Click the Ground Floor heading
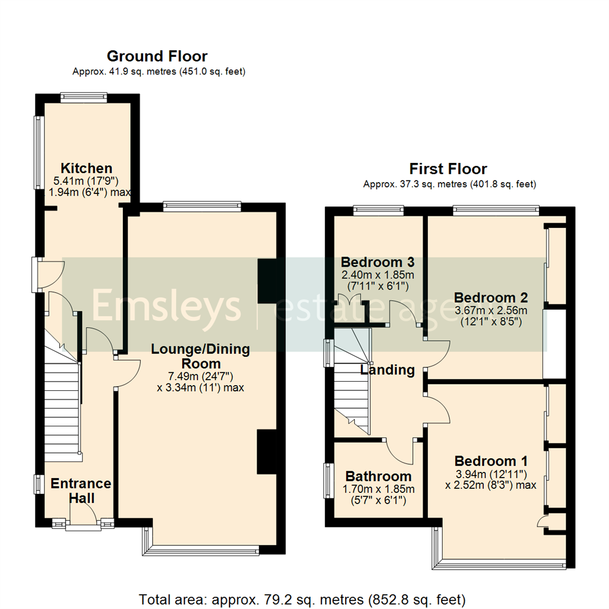(x=157, y=56)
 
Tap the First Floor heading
(x=448, y=169)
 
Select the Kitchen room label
(x=86, y=168)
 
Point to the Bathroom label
(x=378, y=476)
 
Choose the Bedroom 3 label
(x=378, y=262)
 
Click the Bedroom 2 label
(x=491, y=297)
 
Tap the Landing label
(x=387, y=370)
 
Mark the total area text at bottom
(x=302, y=598)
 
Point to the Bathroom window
(x=326, y=480)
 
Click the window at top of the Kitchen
(x=84, y=98)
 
